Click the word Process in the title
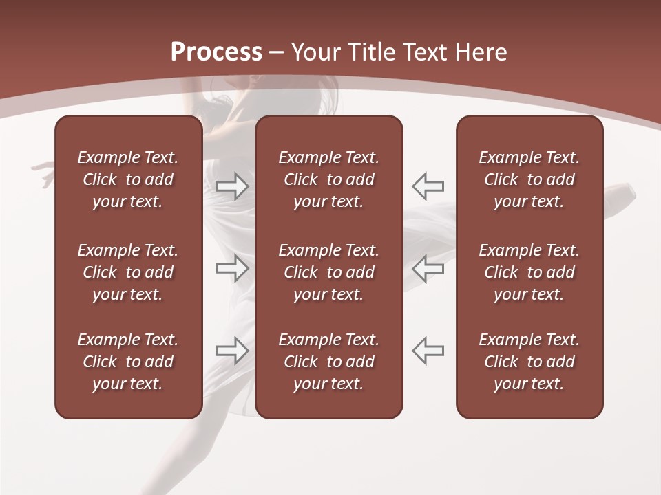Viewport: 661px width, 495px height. click(216, 52)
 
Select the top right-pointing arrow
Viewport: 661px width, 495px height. click(232, 186)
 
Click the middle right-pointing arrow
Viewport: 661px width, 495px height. click(232, 269)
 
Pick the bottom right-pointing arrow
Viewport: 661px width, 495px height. click(232, 350)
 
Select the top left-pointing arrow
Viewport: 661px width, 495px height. click(428, 186)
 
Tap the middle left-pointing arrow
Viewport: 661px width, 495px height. click(428, 269)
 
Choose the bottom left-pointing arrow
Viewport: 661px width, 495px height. click(428, 350)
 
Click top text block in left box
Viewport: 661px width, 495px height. click(128, 179)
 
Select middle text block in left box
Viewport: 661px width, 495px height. click(128, 272)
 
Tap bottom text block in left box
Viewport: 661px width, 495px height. click(128, 362)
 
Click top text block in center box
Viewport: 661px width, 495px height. click(328, 179)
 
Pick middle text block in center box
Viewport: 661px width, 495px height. click(328, 272)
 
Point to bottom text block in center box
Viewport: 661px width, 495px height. click(328, 362)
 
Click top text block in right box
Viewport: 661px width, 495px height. click(529, 179)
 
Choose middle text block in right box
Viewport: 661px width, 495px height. click(529, 272)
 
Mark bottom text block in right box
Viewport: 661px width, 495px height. click(529, 362)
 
